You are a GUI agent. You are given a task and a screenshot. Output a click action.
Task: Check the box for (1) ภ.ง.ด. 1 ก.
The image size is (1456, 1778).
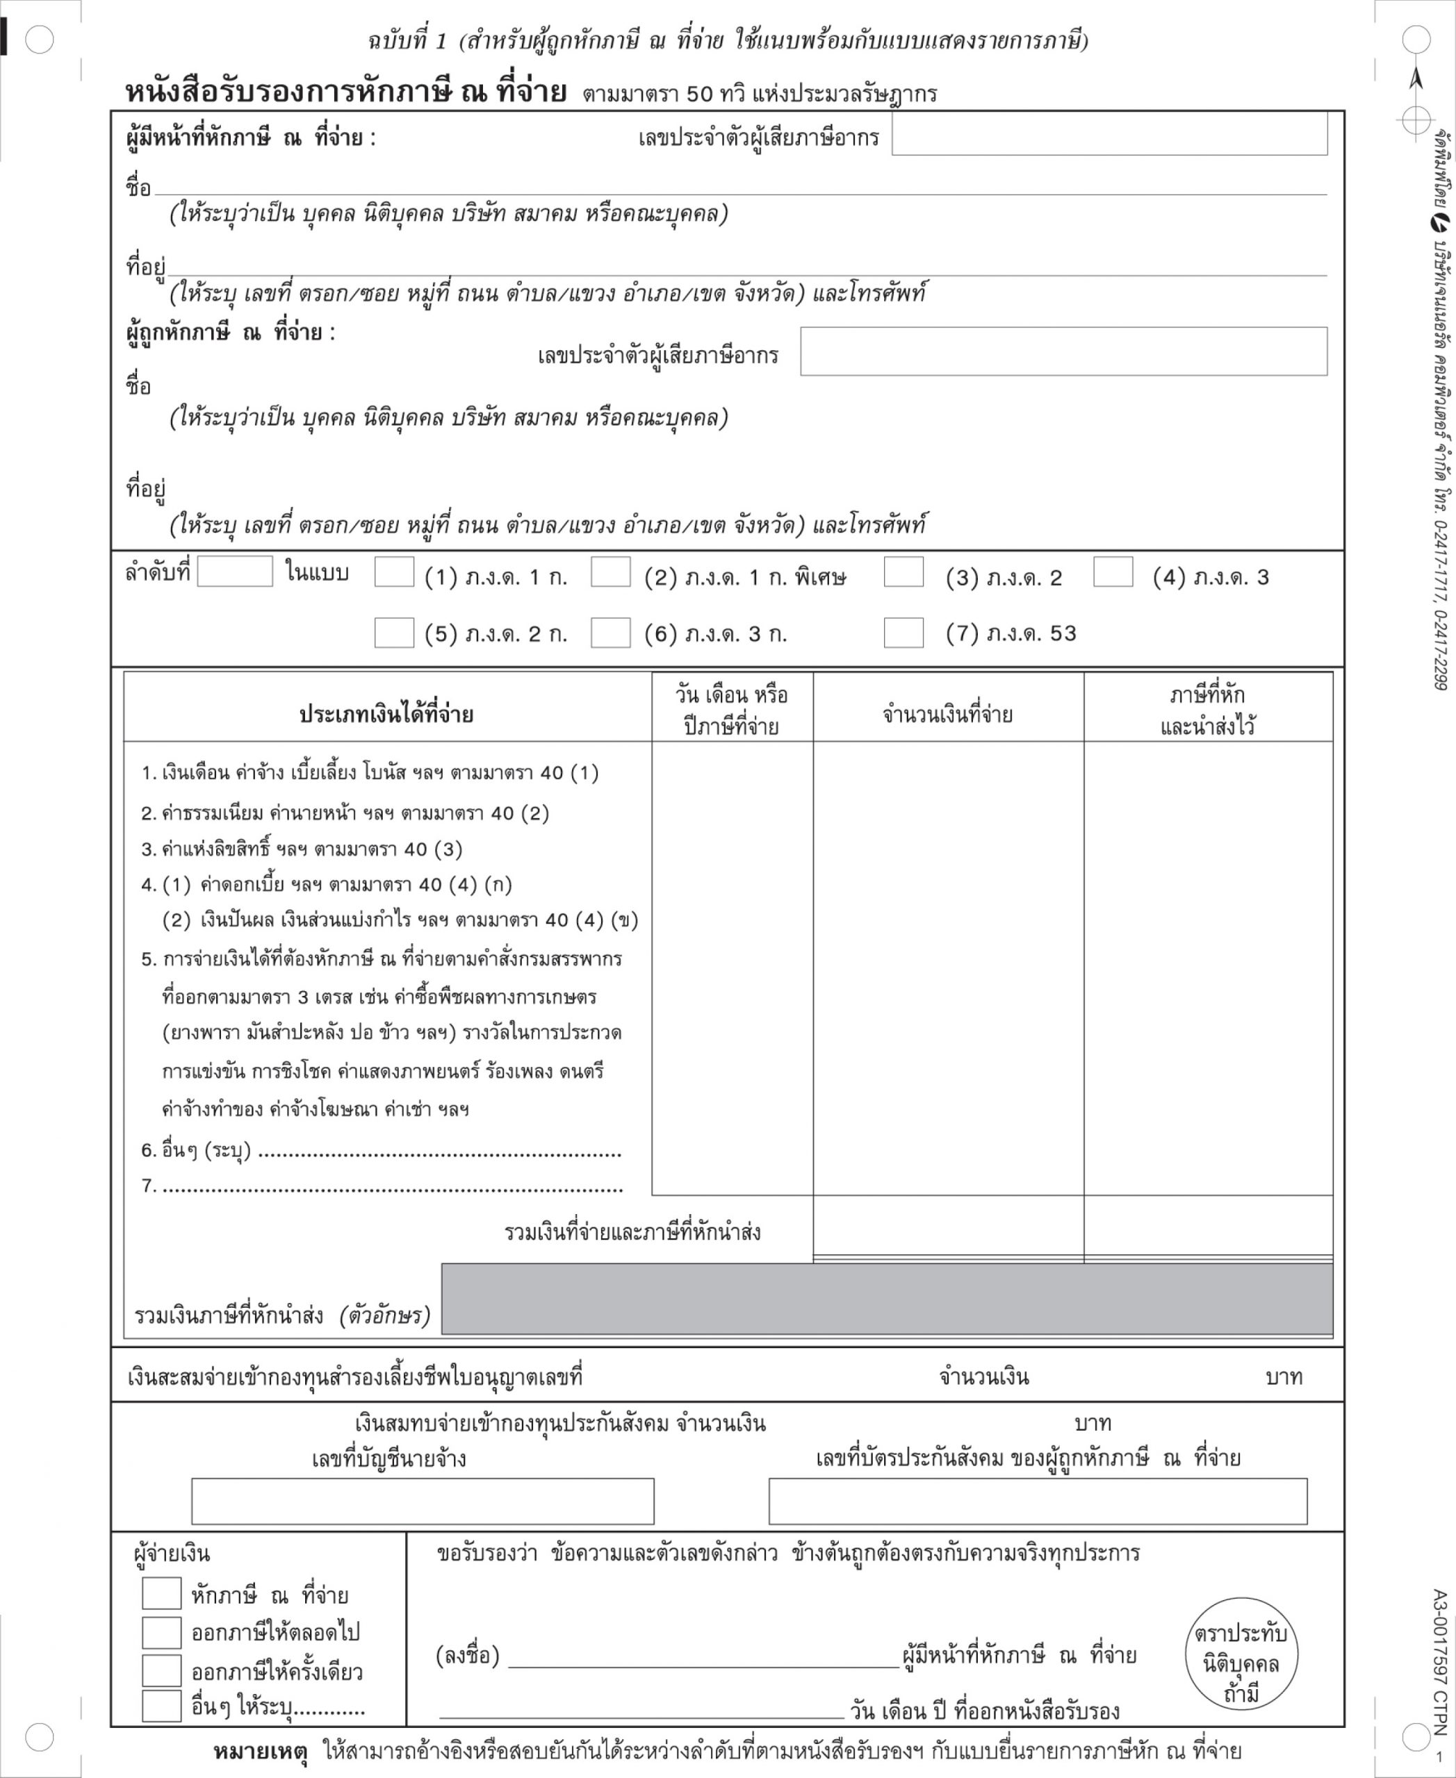pyautogui.click(x=393, y=572)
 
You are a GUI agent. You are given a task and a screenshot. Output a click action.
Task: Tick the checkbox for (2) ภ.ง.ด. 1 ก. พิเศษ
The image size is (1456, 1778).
pyautogui.click(x=611, y=572)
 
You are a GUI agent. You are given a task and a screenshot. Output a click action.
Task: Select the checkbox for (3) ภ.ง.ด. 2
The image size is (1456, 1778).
pyautogui.click(x=903, y=572)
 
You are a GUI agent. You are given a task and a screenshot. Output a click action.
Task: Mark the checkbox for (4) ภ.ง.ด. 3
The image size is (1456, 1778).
pyautogui.click(x=1113, y=572)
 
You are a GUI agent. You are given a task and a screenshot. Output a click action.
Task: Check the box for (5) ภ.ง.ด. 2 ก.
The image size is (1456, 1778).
pyautogui.click(x=393, y=633)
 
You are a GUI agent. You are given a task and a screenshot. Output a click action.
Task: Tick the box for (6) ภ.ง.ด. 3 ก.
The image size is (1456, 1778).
pyautogui.click(x=611, y=633)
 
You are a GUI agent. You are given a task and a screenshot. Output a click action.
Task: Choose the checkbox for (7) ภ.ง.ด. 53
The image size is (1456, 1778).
pyautogui.click(x=903, y=633)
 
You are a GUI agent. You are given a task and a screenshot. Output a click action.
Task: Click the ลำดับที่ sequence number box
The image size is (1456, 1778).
pyautogui.click(x=235, y=572)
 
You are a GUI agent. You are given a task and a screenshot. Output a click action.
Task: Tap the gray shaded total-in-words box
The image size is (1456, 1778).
pyautogui.click(x=887, y=1299)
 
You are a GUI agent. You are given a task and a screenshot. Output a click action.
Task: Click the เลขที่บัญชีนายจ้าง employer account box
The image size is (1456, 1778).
pyautogui.click(x=423, y=1502)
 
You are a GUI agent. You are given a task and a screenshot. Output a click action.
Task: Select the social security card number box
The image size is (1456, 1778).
pyautogui.click(x=1038, y=1502)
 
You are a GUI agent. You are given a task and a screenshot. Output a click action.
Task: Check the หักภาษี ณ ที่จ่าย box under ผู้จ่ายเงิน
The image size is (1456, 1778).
pyautogui.click(x=161, y=1593)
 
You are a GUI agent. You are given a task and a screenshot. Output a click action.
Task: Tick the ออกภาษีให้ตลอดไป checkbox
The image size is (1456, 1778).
pyautogui.click(x=161, y=1632)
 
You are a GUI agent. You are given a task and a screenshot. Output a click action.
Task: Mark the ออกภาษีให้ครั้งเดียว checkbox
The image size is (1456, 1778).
pyautogui.click(x=161, y=1671)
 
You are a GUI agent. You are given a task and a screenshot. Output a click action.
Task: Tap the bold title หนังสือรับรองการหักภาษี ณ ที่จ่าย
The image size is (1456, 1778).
pyautogui.click(x=345, y=92)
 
